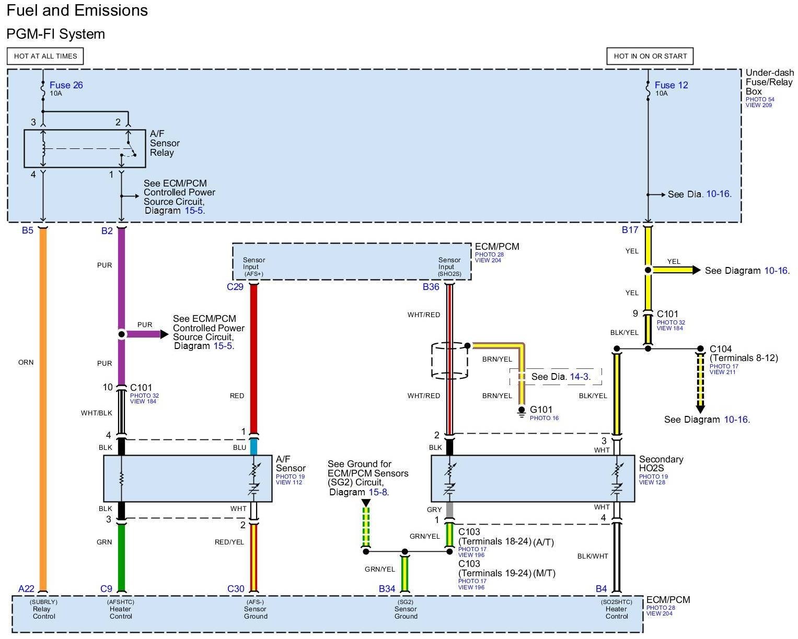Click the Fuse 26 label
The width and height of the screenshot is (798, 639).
[66, 85]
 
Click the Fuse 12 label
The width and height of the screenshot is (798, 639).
[671, 85]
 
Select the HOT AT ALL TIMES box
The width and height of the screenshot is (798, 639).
[45, 56]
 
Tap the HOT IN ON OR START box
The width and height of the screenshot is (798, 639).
[650, 56]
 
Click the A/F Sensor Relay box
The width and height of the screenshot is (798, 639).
[85, 148]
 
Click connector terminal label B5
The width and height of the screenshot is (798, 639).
[28, 230]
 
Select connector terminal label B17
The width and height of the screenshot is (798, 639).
[630, 230]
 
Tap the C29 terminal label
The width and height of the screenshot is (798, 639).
[235, 287]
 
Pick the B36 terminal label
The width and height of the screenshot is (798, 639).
[431, 287]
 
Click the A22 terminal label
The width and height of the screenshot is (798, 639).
[26, 589]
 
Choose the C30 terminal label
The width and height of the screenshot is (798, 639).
[236, 589]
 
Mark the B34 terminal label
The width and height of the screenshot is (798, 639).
[387, 589]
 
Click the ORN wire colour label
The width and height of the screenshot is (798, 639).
[26, 363]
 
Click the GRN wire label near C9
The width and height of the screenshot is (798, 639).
[104, 542]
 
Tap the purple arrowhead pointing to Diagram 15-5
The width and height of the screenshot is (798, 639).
[164, 334]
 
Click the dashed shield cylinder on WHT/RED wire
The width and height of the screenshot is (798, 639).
[449, 361]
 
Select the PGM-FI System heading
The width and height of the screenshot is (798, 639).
[55, 34]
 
